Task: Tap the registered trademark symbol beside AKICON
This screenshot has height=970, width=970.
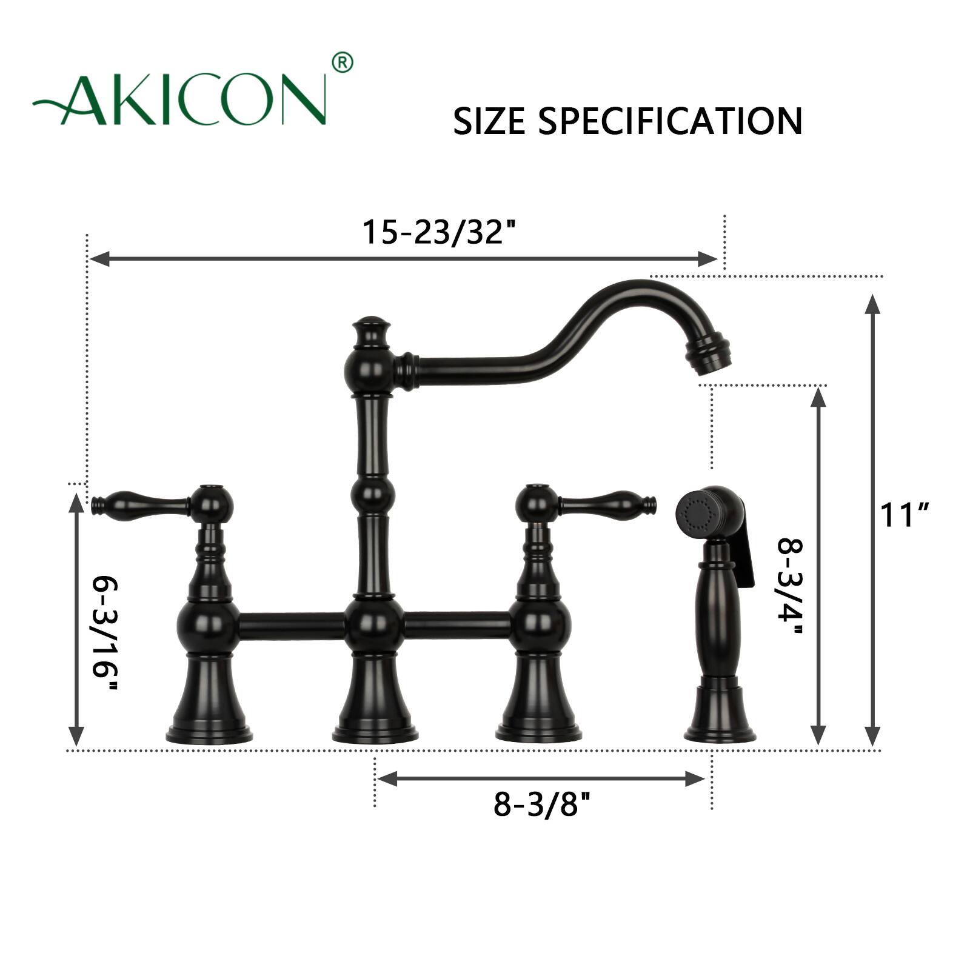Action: (x=343, y=62)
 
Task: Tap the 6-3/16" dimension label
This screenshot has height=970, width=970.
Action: (x=104, y=635)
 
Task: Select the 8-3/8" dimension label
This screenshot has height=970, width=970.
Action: (x=541, y=804)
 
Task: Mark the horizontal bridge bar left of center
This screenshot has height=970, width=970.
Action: (x=291, y=625)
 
